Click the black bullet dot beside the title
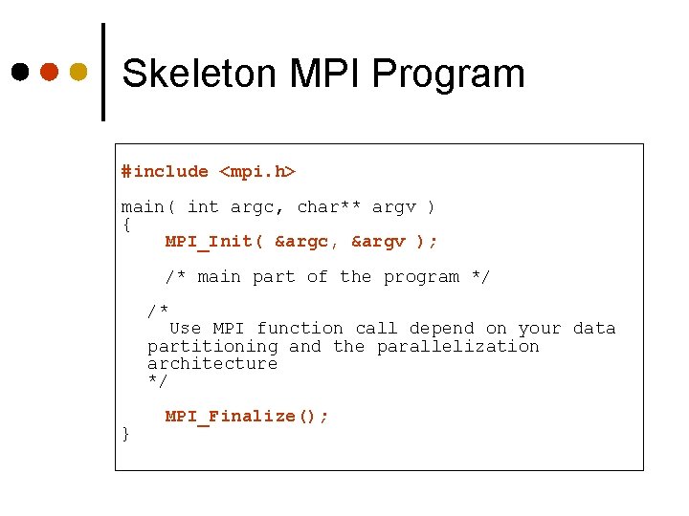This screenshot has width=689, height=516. coord(20,72)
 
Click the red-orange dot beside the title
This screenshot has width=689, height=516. coord(49,72)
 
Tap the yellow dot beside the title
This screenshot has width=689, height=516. coord(78,72)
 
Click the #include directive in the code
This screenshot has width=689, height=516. coord(165,172)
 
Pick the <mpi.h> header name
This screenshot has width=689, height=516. coord(257,172)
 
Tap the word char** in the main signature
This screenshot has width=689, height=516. coord(329,206)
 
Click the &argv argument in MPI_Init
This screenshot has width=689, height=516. coord(379,242)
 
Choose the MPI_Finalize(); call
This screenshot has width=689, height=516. coord(247,417)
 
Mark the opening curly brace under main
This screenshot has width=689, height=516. coord(126,225)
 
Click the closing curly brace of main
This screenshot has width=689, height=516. coord(126,434)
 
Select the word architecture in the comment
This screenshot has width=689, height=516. coord(212,363)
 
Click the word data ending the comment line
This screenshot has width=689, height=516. coord(594,329)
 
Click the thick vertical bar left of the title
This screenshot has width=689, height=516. coord(102,72)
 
